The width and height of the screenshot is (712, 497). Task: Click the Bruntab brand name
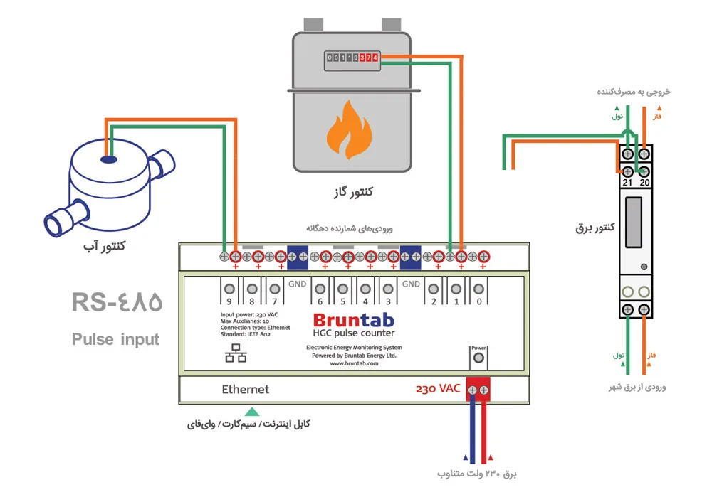pos(354,320)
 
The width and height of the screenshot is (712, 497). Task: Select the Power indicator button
pos(478,358)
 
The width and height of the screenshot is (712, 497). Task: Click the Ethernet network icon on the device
pos(236,353)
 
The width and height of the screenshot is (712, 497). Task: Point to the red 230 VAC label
pos(438,389)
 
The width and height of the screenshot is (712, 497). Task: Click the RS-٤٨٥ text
pos(117,302)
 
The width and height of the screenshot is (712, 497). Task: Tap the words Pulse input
pos(116,339)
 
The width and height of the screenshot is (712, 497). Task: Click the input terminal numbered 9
pos(229,289)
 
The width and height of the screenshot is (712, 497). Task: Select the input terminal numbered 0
pos(478,289)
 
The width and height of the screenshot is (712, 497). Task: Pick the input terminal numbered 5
pos(343,289)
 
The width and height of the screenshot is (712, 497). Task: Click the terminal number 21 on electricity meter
pos(627,183)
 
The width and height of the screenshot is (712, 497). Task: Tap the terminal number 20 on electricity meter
pos(644,183)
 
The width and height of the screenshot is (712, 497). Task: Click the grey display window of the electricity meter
pos(634,223)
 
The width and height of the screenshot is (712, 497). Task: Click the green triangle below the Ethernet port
pos(252,412)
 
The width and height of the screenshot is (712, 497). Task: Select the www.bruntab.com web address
pos(354,363)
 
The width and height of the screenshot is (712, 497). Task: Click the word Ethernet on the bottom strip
pos(245,389)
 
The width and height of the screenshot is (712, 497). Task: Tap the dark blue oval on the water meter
pos(109,159)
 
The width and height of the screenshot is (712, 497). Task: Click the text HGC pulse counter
pos(354,333)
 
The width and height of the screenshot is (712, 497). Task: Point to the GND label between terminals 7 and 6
pos(298,284)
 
